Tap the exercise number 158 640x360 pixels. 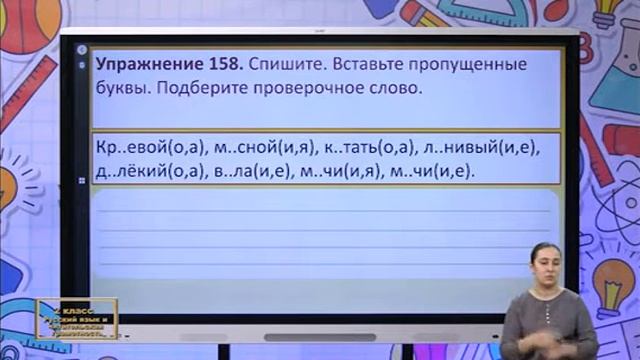coord(221,64)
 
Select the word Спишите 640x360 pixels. coord(281,64)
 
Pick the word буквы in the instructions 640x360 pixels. coord(123,87)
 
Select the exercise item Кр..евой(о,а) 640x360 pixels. coord(151,148)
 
